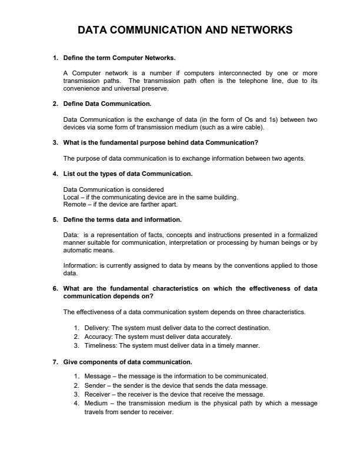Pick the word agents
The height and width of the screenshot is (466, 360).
[x=294, y=158]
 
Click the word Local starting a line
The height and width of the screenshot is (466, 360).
[x=70, y=197]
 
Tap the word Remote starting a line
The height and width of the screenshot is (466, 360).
[x=73, y=205]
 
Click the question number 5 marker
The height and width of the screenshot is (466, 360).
[x=55, y=219]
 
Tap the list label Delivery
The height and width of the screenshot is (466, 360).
[x=96, y=328]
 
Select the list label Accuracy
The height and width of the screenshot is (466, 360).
[x=98, y=337]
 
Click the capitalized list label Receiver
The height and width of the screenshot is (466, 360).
[x=97, y=394]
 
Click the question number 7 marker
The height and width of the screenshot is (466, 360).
[x=55, y=362]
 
